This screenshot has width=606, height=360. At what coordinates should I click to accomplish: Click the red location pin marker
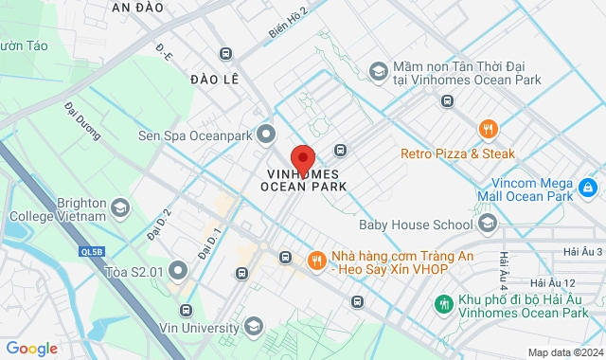tap(303, 157)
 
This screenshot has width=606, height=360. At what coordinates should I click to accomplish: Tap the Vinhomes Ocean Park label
tap(303, 180)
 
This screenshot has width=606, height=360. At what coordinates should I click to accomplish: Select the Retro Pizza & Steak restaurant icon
tap(488, 130)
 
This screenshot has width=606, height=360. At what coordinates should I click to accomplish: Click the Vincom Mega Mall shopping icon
tap(588, 189)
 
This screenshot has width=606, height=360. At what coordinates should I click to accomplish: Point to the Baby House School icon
tap(488, 225)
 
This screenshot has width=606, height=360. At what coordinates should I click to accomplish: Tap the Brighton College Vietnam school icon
tap(120, 207)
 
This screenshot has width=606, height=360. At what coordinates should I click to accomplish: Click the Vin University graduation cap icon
tap(253, 326)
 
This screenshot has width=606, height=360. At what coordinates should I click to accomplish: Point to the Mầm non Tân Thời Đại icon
tap(377, 72)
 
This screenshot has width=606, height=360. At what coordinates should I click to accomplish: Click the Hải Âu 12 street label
tap(553, 283)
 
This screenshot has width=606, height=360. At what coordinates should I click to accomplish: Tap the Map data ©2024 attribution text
tap(564, 352)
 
